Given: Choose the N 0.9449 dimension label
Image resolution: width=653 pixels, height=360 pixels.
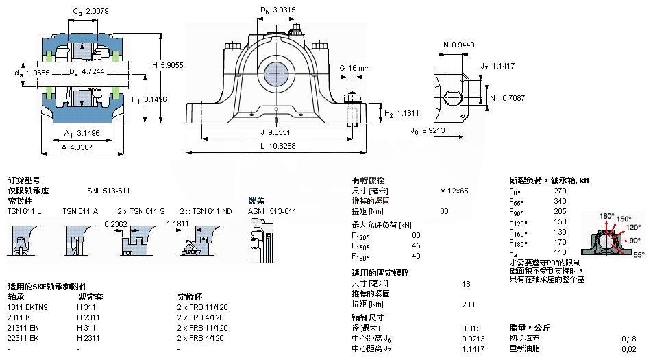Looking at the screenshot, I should coord(458,45).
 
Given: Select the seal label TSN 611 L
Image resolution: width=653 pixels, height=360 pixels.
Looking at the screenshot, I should coord(24,211).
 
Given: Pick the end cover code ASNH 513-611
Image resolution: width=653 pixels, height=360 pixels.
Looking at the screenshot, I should coord(272,211).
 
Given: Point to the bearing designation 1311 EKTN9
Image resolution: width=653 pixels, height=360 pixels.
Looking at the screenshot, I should coord(27,307).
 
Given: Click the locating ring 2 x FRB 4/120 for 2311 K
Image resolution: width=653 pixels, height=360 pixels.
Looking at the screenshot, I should coord(201,317).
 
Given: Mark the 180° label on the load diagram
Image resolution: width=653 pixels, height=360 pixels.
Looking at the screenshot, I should coord(607,216).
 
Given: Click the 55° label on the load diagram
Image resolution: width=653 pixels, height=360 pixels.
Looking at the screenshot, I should coord(639,254).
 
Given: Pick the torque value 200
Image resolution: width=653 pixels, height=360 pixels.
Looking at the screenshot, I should coord(468,304).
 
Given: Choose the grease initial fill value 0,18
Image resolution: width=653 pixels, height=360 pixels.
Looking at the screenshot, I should coord(628,338).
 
